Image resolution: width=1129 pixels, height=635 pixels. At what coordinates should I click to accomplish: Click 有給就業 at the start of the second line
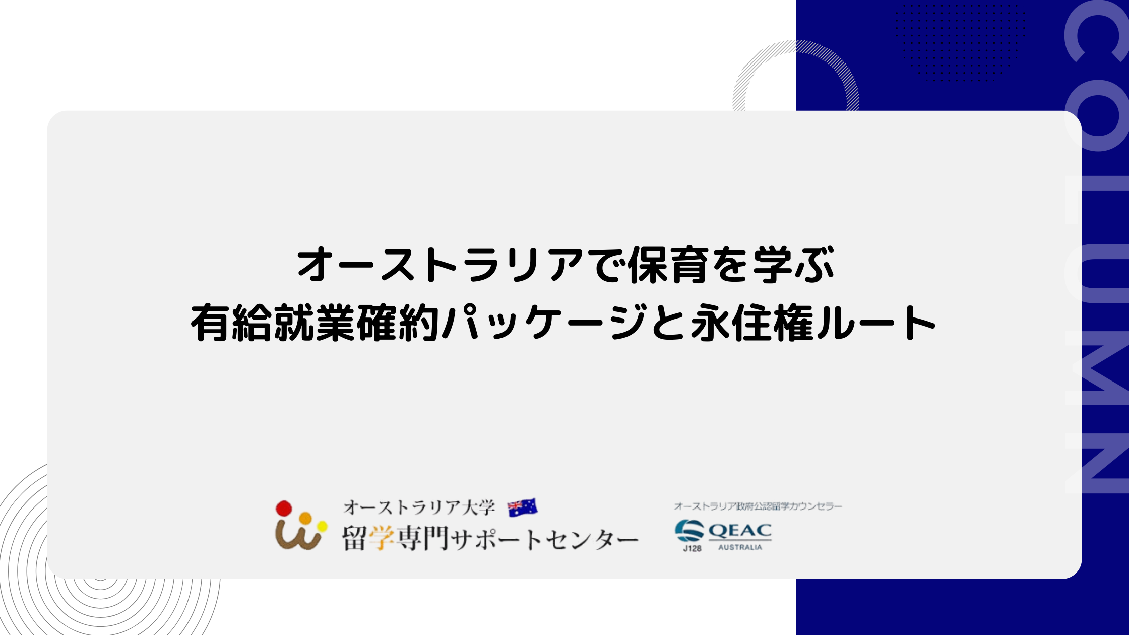click(273, 322)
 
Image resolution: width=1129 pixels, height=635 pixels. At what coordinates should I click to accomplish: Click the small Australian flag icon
click(522, 508)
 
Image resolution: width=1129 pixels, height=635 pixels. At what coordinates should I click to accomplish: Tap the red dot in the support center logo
click(284, 509)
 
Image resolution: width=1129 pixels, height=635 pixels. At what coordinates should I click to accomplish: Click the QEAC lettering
click(740, 531)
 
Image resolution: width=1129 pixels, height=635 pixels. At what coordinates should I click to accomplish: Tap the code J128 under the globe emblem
click(692, 549)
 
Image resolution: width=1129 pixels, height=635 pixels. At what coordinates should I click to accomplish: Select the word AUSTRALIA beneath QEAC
click(740, 547)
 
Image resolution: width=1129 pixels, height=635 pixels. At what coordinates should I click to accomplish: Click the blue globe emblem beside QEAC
click(689, 531)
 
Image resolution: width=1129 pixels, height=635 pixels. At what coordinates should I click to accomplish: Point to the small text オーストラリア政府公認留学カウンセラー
click(758, 506)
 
